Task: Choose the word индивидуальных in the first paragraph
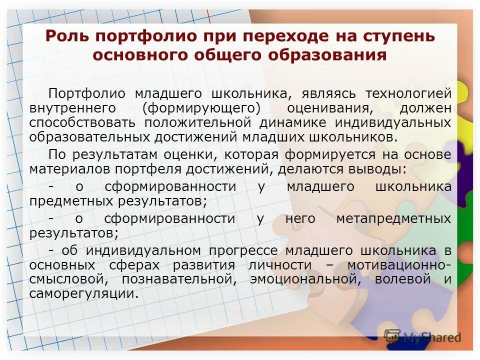point(394,122)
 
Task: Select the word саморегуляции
point(83,293)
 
